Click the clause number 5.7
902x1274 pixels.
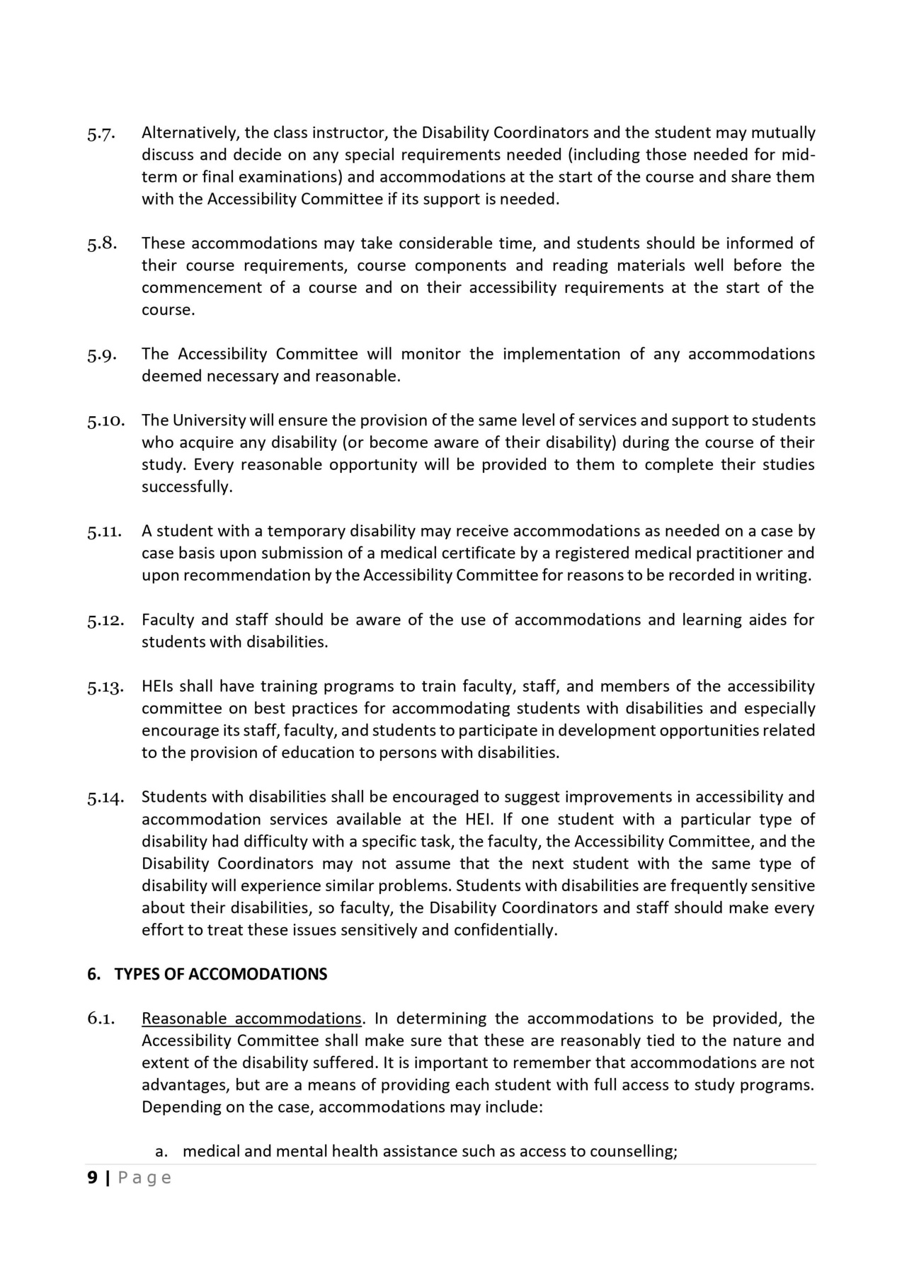tap(101, 134)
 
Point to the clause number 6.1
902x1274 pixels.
tap(101, 1019)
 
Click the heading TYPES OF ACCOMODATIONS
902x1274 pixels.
tap(221, 975)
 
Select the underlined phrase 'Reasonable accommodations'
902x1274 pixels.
tap(251, 1019)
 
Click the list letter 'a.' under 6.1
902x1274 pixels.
tap(161, 1152)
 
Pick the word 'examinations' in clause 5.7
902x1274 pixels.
tap(291, 177)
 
